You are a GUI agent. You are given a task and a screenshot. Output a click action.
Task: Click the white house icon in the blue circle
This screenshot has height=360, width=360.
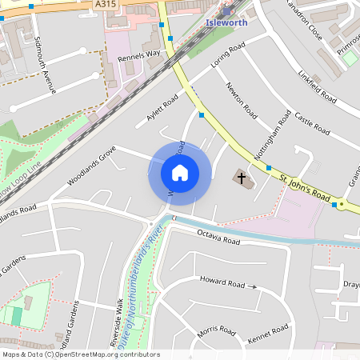[180, 173]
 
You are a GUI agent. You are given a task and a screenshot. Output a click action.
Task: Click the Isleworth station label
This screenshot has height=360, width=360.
[228, 22]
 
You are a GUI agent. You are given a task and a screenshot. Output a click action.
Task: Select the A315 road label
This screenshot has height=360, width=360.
[105, 5]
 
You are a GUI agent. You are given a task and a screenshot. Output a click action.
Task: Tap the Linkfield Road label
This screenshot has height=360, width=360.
[316, 87]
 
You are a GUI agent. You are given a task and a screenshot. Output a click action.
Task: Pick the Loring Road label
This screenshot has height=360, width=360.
[226, 57]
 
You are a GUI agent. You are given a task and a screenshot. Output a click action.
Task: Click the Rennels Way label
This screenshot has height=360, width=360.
[138, 58]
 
